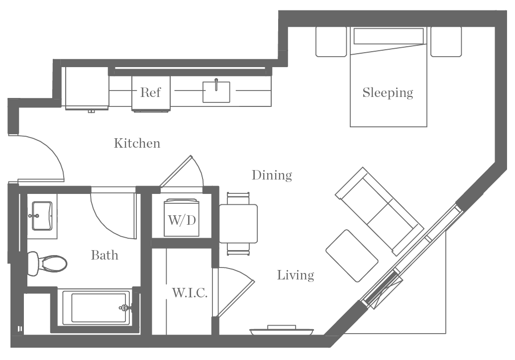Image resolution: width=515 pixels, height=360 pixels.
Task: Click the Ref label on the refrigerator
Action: [150, 92]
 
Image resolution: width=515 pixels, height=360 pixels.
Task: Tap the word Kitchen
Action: [137, 143]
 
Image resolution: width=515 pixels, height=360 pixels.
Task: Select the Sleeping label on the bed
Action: [388, 92]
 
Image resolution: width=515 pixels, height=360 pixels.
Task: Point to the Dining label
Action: [271, 175]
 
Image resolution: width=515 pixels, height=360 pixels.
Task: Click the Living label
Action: [296, 275]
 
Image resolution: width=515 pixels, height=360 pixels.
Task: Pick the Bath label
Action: [104, 255]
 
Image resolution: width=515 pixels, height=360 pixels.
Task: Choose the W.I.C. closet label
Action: [190, 293]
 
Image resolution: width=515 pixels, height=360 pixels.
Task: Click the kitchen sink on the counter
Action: [216, 92]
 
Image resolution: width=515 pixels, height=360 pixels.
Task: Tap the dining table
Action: [238, 223]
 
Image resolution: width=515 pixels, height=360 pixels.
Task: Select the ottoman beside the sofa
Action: [352, 255]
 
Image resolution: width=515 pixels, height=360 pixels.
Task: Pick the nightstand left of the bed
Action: [331, 42]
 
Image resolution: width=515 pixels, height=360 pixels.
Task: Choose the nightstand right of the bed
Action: [446, 42]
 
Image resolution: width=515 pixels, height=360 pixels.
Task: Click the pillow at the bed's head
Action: [389, 36]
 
